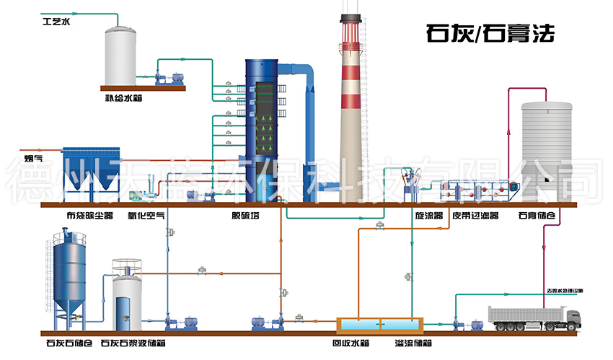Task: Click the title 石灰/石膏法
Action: click(490, 33)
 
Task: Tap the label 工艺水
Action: click(56, 22)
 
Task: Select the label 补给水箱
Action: click(123, 98)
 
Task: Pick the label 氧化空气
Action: click(146, 215)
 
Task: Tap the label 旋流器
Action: click(410, 215)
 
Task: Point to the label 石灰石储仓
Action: click(69, 343)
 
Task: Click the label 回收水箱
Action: click(350, 343)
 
